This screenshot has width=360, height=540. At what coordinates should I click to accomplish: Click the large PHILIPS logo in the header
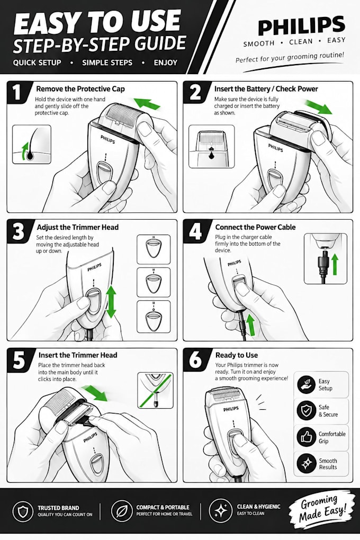coord(301,25)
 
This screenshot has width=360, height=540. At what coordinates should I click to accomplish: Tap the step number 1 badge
coord(17,92)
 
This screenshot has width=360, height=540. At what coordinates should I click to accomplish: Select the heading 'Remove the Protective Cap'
coord(80,89)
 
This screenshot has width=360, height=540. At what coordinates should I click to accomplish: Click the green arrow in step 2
coord(319,107)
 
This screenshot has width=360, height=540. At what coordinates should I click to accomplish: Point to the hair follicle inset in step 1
coord(32,145)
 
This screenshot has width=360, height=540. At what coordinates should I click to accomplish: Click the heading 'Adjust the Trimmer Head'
coord(77,227)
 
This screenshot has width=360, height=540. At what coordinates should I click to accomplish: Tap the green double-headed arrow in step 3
coord(111,302)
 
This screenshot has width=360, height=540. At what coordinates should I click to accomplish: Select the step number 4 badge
coord(195,230)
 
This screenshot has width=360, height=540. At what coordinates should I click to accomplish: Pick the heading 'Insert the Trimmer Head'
coord(78,355)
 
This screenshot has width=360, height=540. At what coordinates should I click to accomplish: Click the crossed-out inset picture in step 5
coord(155,390)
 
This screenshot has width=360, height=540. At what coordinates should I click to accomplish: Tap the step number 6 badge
coord(195,359)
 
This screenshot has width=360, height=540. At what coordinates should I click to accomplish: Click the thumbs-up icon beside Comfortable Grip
coord(306,437)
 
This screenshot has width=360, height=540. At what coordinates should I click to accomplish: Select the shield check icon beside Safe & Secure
coord(306,410)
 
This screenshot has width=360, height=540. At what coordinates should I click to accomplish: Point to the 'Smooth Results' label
coord(328,464)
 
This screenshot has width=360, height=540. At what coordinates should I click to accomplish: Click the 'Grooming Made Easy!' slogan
coord(322,509)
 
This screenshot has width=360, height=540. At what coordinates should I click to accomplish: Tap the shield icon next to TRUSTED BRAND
coord(23,511)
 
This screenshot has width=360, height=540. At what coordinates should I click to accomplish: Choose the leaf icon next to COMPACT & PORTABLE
coord(122,511)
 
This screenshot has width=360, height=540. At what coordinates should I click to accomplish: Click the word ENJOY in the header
coord(166,62)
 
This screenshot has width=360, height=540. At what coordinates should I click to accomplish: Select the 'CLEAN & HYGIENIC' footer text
coord(259,507)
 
